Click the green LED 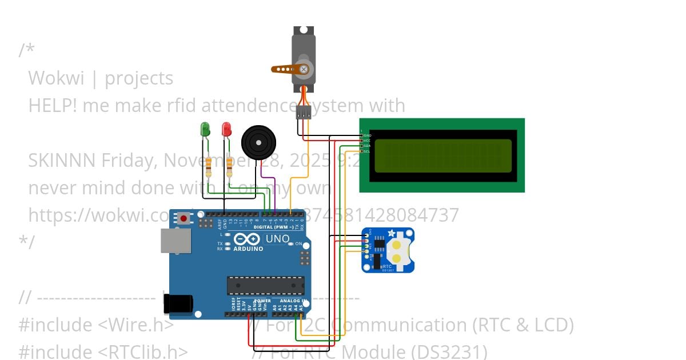[205, 130]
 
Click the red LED [226, 129]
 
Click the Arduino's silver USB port [176, 241]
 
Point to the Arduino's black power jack [178, 304]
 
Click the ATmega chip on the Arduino [265, 286]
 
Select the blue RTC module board [388, 250]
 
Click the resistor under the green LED [208, 166]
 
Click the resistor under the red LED [229, 166]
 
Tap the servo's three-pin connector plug [304, 113]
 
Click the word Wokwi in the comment [54, 78]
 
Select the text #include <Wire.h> [96, 325]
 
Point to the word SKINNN [62, 161]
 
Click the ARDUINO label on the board [248, 249]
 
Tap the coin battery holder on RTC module [401, 252]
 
